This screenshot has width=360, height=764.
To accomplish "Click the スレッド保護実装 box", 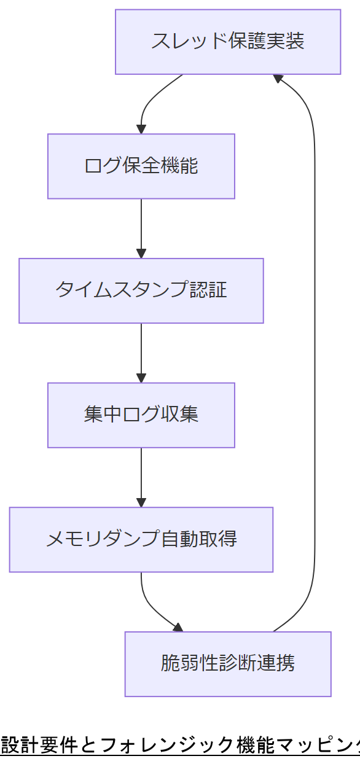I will pos(228,42).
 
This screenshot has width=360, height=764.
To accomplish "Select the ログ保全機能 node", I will pos(141,166).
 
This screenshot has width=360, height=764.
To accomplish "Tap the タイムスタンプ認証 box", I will pos(141,290).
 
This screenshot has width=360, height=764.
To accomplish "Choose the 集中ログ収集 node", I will pos(141,415).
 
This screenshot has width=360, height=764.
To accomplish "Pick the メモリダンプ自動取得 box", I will pos(141,540).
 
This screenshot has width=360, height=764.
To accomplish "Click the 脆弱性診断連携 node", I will pos(228,664).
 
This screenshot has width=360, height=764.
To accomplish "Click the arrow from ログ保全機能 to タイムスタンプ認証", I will pos(141,227).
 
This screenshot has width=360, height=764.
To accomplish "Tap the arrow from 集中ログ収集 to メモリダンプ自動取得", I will pos(141,477).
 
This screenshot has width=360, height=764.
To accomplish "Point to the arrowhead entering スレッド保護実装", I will pos(278,78).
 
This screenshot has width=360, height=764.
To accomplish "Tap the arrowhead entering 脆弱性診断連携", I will pos(178,628).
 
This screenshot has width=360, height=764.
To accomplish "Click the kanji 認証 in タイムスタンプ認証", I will pos(208,290).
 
